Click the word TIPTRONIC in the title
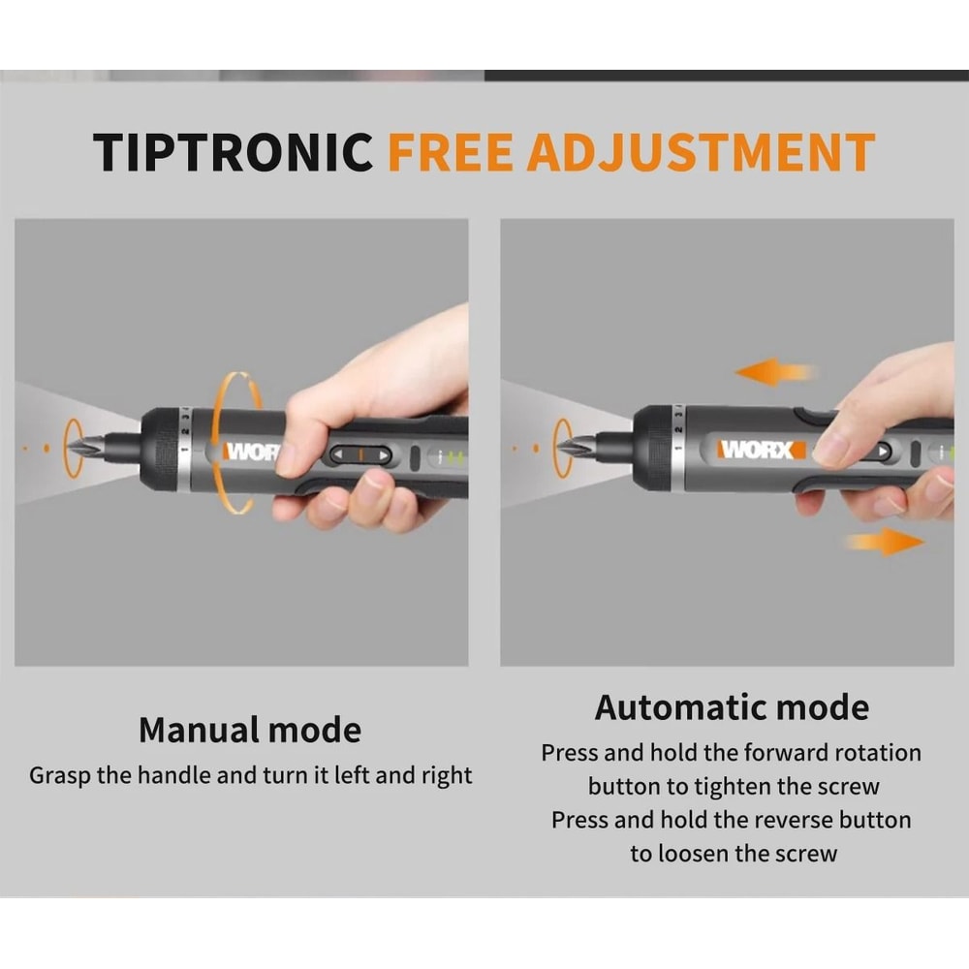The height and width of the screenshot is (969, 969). [233, 152]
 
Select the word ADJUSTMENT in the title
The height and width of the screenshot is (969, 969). [700, 152]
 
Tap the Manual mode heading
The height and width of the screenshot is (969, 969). [250, 730]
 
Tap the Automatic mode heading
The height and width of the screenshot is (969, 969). [732, 707]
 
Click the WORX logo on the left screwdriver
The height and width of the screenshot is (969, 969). [253, 452]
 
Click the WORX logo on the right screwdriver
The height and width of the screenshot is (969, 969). [762, 450]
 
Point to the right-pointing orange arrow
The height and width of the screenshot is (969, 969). [885, 541]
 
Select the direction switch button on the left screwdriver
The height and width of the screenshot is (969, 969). [360, 454]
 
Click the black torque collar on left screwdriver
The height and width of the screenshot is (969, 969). [160, 449]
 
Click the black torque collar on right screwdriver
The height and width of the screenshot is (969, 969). [652, 447]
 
